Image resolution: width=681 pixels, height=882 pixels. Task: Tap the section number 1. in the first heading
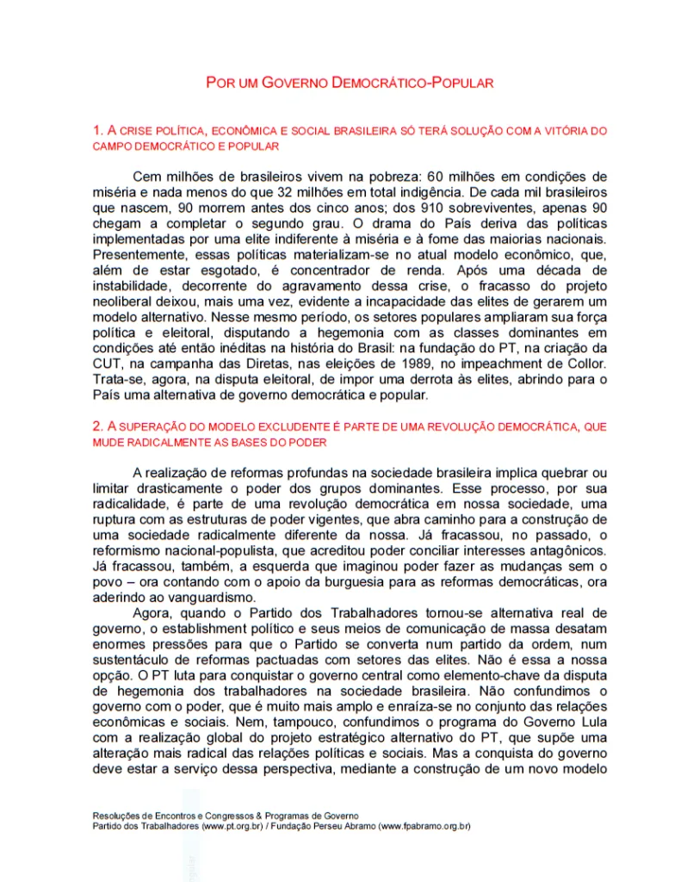pos(97,131)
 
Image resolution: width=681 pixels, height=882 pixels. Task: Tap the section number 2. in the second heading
pos(97,426)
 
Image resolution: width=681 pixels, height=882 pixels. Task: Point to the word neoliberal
pos(122,301)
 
